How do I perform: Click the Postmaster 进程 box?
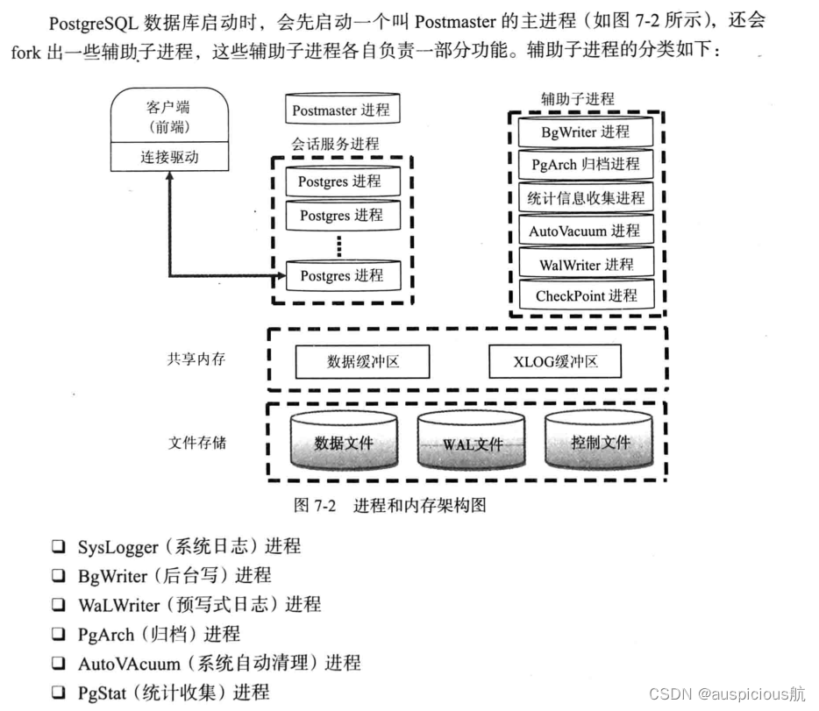pyautogui.click(x=340, y=110)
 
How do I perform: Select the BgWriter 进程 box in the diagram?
pyautogui.click(x=586, y=132)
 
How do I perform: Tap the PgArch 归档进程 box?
pyautogui.click(x=586, y=164)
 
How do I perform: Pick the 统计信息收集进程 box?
pyautogui.click(x=586, y=198)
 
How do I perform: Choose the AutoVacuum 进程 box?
pyautogui.click(x=586, y=231)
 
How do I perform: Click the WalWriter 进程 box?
pyautogui.click(x=586, y=264)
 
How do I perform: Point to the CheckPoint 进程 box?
pyautogui.click(x=586, y=295)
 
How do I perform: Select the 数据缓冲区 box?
pyautogui.click(x=362, y=361)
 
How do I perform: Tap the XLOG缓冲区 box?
pyautogui.click(x=555, y=361)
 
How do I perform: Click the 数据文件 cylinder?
pyautogui.click(x=344, y=443)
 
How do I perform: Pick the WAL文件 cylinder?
pyautogui.click(x=472, y=443)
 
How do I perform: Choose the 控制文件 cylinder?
pyautogui.click(x=600, y=443)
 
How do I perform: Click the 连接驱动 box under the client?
pyautogui.click(x=170, y=158)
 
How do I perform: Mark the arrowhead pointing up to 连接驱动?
pyautogui.click(x=170, y=175)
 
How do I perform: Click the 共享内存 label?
pyautogui.click(x=196, y=359)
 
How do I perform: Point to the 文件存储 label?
pyautogui.click(x=196, y=443)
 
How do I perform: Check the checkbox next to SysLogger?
pyautogui.click(x=58, y=547)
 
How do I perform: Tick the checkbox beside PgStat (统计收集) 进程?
pyautogui.click(x=58, y=693)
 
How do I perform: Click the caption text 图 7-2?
pyautogui.click(x=317, y=505)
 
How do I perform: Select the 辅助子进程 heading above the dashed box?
pyautogui.click(x=577, y=99)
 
